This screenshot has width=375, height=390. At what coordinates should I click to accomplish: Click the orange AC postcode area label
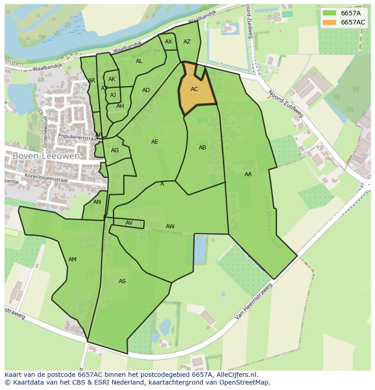click(194, 89)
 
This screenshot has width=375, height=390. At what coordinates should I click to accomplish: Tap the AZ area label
click(187, 42)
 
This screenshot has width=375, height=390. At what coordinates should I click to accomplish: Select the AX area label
click(168, 42)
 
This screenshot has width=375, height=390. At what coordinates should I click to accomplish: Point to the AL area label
click(139, 61)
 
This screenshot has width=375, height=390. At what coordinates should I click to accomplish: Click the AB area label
click(202, 148)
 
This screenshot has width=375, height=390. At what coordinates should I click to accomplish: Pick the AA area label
click(248, 174)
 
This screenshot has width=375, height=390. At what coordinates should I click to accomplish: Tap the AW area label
click(170, 226)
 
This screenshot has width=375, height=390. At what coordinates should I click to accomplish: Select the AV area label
click(129, 223)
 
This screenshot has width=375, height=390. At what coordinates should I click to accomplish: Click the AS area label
click(122, 281)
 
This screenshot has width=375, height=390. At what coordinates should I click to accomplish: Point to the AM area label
click(72, 260)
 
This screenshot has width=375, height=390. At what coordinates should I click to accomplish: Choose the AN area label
click(97, 202)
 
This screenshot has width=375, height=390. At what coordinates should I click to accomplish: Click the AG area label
click(115, 150)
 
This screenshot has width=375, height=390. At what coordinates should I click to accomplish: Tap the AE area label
click(155, 142)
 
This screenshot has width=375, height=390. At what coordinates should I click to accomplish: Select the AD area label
click(146, 90)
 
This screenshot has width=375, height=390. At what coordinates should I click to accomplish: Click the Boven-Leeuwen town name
click(46, 156)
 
